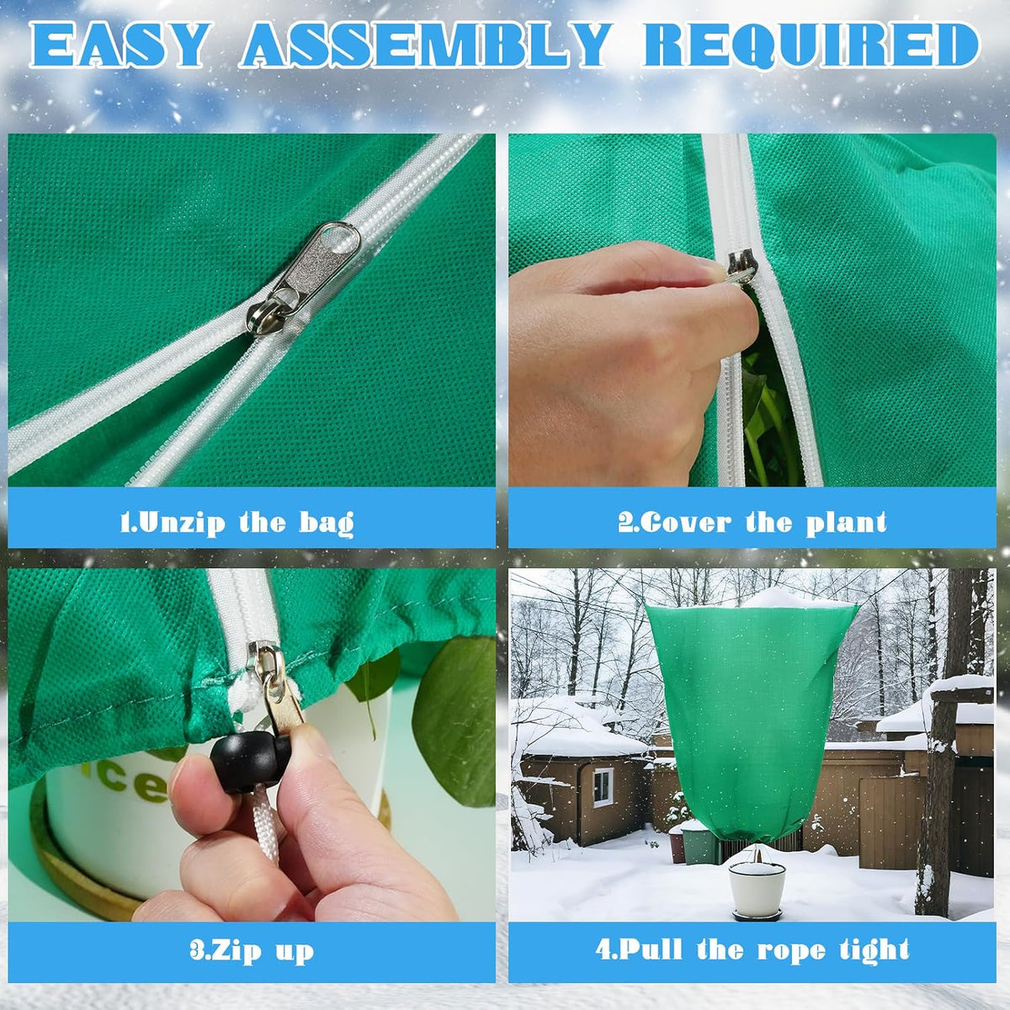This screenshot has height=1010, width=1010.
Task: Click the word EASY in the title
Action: click(120, 45)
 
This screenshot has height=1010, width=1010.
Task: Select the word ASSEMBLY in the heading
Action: click(426, 45)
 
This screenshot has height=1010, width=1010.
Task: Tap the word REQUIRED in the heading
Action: click(811, 45)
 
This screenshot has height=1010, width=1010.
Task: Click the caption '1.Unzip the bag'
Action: click(237, 522)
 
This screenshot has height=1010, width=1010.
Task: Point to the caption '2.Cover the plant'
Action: click(752, 522)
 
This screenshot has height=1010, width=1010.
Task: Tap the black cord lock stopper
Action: click(250, 759)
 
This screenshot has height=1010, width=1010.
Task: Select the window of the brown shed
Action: click(603, 787)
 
